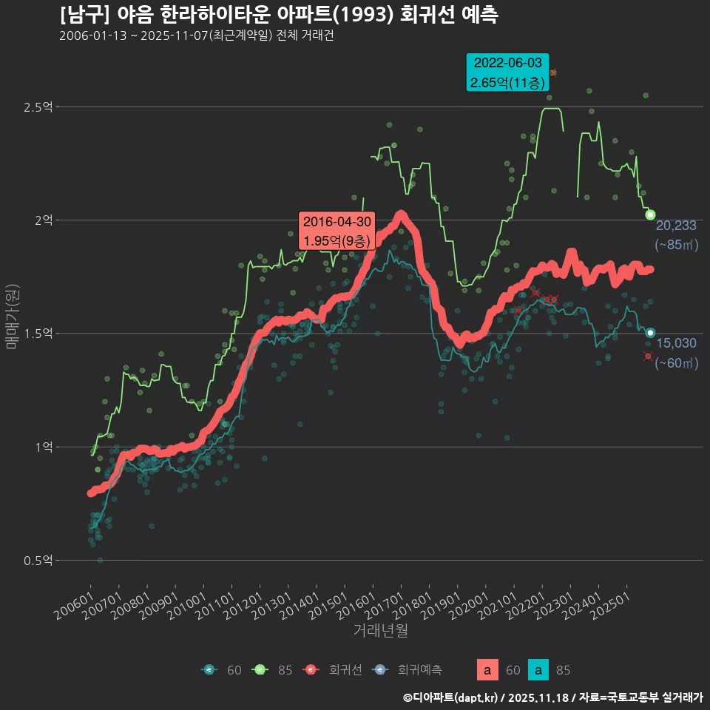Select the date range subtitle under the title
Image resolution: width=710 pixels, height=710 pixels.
pos(196,36)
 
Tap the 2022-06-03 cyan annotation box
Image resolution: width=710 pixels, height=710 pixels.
pos(507,72)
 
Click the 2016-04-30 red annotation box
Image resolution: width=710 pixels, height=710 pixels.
pos(337,231)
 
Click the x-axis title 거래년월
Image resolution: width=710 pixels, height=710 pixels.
pos(380,630)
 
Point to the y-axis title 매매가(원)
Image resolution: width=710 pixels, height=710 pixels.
pos(13,315)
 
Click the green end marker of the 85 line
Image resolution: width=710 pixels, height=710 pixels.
pos(650,214)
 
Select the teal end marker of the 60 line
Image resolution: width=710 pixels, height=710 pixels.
pos(650,333)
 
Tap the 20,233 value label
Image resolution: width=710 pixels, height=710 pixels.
pos(676,226)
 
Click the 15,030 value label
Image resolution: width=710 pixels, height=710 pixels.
pos(676,343)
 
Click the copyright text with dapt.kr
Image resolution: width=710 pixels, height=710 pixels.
pos(552,697)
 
